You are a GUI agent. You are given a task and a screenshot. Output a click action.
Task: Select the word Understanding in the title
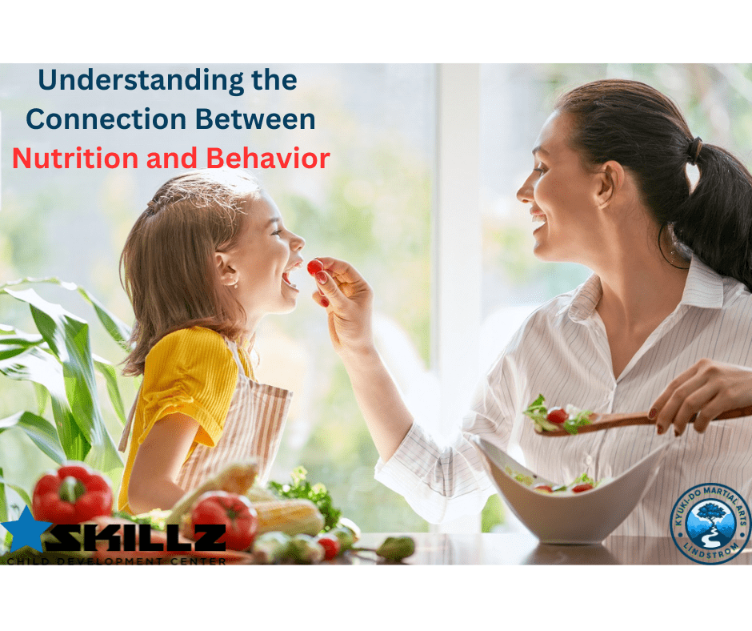click(117, 81)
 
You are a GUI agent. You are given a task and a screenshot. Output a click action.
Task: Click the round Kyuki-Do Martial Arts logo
click(710, 523)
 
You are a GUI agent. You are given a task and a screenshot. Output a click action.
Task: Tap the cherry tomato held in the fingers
click(315, 267)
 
